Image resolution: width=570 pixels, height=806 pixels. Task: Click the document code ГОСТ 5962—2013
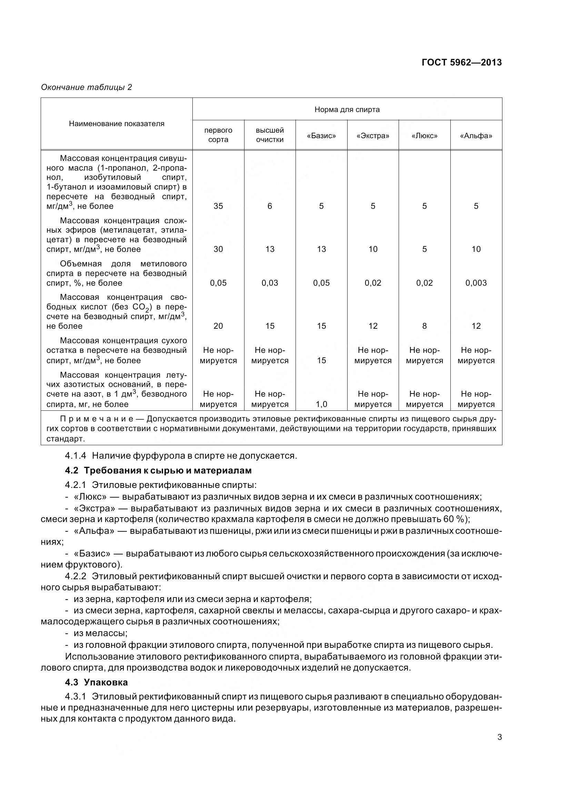tap(461, 62)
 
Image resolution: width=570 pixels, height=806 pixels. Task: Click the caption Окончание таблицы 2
tap(87, 87)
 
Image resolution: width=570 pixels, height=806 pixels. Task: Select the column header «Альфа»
tap(476, 136)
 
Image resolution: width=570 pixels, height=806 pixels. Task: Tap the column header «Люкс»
tap(424, 136)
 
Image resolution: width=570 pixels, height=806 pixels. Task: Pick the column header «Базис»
tap(321, 136)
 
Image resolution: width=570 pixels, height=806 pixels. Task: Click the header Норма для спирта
tap(347, 110)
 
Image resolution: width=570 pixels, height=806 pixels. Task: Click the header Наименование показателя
tap(117, 124)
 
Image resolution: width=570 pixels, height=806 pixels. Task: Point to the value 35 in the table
tap(218, 206)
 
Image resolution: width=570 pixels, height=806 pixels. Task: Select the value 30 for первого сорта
tap(218, 249)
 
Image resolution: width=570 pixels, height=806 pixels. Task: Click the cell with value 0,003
tap(476, 283)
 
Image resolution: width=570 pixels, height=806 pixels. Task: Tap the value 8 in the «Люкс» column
tap(424, 326)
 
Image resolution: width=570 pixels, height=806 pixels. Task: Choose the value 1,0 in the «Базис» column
tap(321, 405)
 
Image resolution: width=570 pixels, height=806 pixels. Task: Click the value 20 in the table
tap(218, 326)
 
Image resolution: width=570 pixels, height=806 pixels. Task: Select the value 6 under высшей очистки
tap(269, 206)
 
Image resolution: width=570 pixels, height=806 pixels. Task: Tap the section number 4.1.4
tap(76, 456)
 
